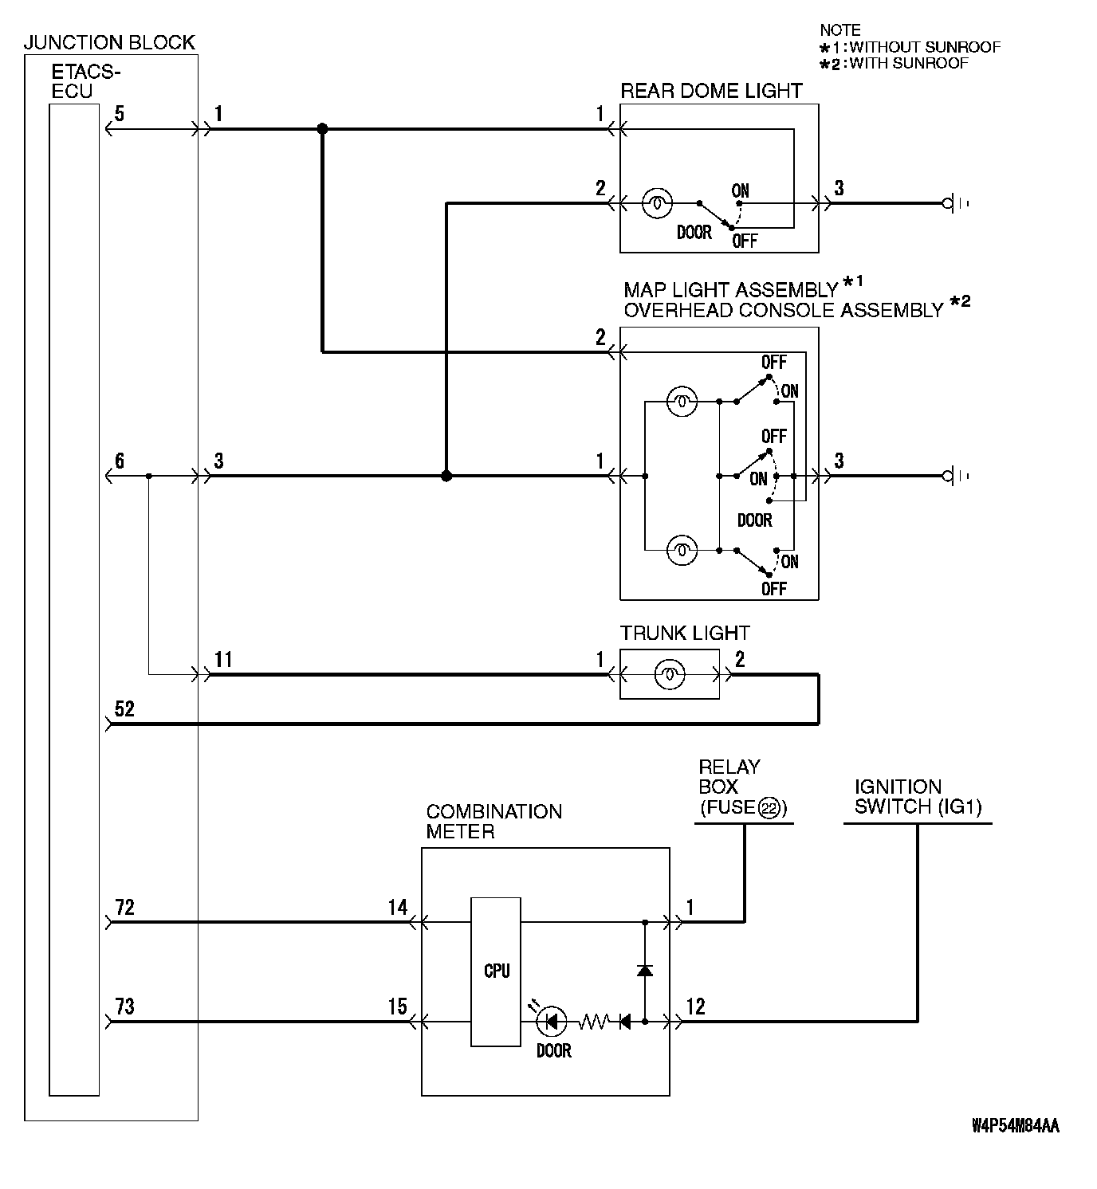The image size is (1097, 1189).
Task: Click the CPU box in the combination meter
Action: [496, 971]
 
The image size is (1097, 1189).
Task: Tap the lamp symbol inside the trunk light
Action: [670, 675]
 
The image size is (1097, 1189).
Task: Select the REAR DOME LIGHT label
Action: [711, 91]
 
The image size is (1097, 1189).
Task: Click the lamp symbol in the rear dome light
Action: [656, 203]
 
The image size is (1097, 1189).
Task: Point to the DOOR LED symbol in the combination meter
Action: [552, 1021]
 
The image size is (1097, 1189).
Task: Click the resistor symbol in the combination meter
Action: [593, 1021]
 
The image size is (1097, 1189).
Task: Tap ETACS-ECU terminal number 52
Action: [124, 708]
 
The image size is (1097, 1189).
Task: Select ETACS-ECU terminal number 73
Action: [124, 1007]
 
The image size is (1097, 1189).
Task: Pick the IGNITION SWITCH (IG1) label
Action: [918, 796]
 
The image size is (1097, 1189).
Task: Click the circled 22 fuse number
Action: [769, 808]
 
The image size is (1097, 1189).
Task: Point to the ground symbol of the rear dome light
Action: [952, 204]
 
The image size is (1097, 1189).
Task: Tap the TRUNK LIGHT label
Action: [685, 634]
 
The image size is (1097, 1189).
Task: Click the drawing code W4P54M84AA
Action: [1015, 1126]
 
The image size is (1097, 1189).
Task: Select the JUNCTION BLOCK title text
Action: [109, 42]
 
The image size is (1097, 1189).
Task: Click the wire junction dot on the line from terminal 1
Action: [322, 128]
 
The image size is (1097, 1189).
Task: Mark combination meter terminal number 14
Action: [397, 907]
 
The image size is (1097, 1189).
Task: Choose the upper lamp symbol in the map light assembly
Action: [682, 402]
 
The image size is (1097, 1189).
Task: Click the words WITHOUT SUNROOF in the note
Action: [925, 47]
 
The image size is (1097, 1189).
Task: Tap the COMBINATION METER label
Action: [493, 822]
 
